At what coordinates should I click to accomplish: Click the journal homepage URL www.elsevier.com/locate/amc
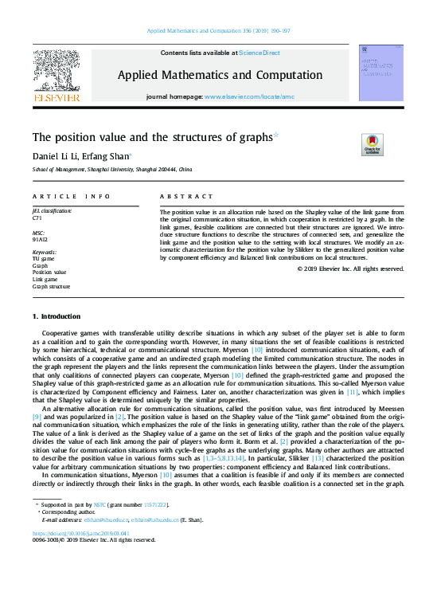pyautogui.click(x=249, y=96)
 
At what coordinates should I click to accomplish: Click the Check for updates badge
pyautogui.click(x=373, y=144)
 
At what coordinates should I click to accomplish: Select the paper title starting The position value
pyautogui.click(x=152, y=137)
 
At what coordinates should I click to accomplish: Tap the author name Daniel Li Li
pyautogui.click(x=57, y=156)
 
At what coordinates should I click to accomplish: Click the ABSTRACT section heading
pyautogui.click(x=186, y=196)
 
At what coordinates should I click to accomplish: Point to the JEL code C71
pyautogui.click(x=37, y=218)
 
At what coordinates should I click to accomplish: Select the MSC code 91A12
pyautogui.click(x=40, y=237)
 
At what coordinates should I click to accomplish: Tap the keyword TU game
pyautogui.click(x=43, y=259)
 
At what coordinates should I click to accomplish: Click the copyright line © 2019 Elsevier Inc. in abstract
pyautogui.click(x=350, y=269)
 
